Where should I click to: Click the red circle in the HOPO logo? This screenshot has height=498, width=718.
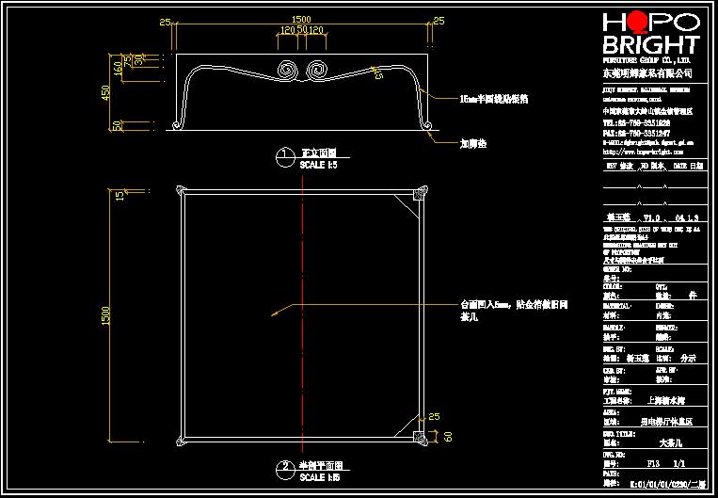coord(635,22)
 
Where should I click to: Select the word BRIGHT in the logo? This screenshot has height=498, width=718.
coord(649,45)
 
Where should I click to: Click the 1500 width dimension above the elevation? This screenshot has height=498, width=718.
coord(300,19)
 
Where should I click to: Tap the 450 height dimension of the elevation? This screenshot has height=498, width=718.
coord(106,92)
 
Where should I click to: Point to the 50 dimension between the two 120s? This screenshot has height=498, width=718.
coord(302,31)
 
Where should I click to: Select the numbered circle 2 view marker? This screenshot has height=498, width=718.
coord(284,467)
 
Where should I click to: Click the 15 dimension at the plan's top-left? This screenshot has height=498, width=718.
coord(120,195)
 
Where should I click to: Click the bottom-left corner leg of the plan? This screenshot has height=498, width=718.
coord(182,438)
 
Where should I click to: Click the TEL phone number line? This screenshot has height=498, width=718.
coord(637,122)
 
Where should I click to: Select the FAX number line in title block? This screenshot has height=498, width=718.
coord(637,133)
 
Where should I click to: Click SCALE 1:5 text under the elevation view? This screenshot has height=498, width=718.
coord(318,165)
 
